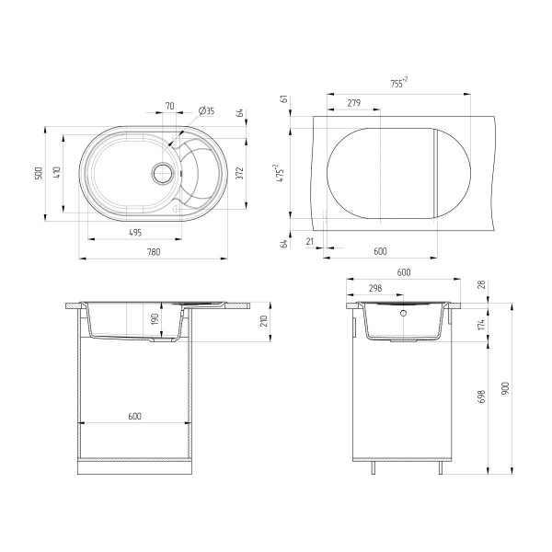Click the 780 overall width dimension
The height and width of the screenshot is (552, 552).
(x=154, y=252)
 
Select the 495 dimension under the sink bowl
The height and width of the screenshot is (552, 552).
(x=135, y=233)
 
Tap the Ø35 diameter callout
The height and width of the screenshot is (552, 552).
(x=207, y=111)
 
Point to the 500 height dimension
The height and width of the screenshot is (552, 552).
(x=39, y=173)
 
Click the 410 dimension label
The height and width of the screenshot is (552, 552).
(x=57, y=173)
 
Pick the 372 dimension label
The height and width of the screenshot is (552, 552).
(x=239, y=173)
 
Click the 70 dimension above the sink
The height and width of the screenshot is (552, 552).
(x=169, y=106)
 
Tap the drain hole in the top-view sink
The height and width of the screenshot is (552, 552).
(x=162, y=173)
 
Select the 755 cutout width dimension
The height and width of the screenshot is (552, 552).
(x=399, y=83)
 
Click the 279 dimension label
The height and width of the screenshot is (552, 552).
(x=354, y=103)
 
